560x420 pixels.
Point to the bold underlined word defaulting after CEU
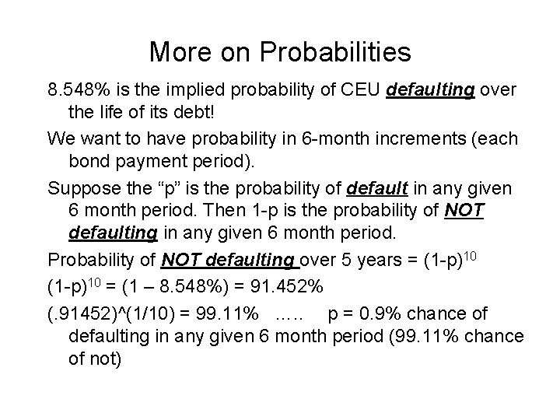[431, 91]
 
